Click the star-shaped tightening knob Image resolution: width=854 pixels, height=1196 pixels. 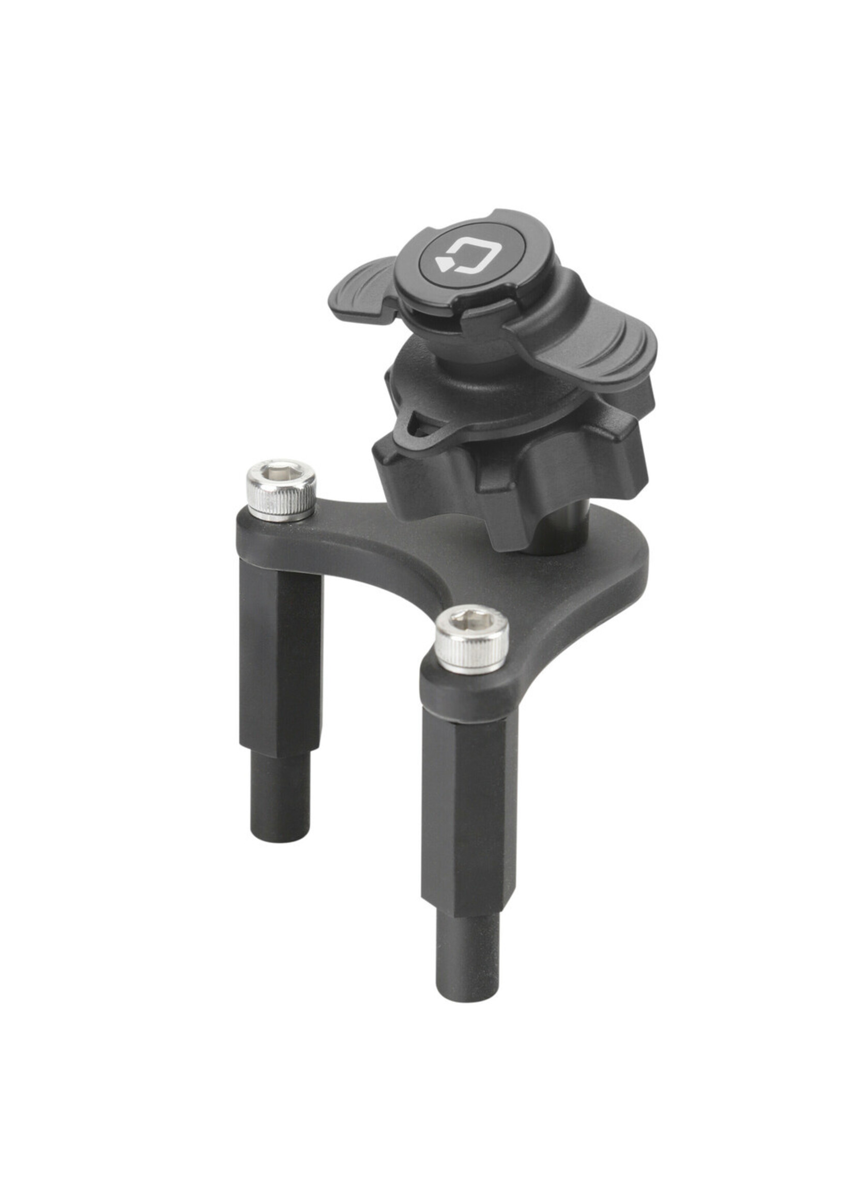click(505, 473)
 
